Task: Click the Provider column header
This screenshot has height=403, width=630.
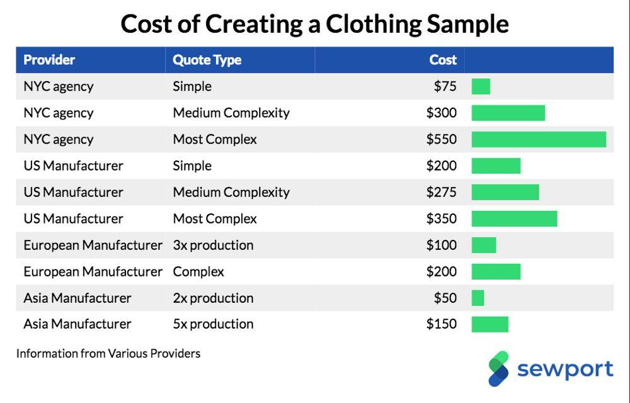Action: point(49,60)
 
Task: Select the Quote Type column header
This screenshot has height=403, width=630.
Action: point(207,60)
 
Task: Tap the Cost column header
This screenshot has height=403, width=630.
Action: point(443,60)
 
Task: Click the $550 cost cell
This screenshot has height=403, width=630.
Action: point(442,139)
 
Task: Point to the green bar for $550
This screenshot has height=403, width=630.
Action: point(539,139)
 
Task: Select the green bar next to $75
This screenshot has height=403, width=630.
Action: point(481,86)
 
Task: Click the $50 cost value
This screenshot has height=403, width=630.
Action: point(445,298)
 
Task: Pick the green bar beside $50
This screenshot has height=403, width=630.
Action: point(478,298)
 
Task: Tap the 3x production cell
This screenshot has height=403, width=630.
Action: point(213,245)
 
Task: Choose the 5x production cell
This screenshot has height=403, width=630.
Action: point(213,324)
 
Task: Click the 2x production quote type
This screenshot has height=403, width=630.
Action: point(213,298)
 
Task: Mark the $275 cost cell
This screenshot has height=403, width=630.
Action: point(442,192)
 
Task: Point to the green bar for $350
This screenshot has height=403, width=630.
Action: point(514,219)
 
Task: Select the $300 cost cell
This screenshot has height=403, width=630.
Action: point(442,113)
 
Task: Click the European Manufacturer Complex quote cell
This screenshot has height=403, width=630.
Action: point(198,272)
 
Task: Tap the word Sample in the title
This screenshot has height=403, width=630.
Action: point(467,24)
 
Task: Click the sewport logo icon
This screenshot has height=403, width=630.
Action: point(498,368)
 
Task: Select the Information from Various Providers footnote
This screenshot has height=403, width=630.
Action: point(108,354)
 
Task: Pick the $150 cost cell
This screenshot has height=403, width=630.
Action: point(442,324)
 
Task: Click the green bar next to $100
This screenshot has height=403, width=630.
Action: point(484,245)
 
